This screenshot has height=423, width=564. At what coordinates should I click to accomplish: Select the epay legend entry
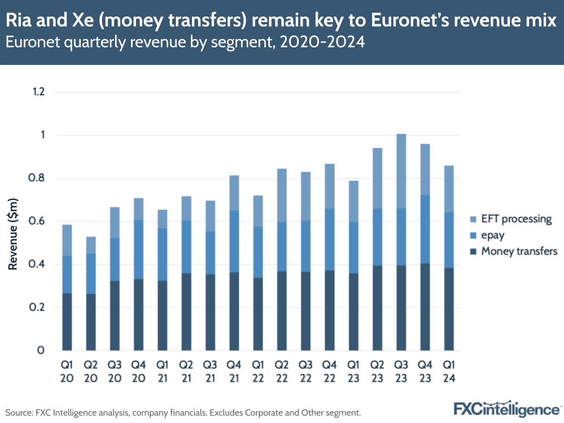493,236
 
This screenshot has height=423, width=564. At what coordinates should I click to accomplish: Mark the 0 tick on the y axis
41,351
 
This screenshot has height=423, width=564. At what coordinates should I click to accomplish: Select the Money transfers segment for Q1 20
67,322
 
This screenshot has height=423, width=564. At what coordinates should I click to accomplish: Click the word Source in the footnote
19,412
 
